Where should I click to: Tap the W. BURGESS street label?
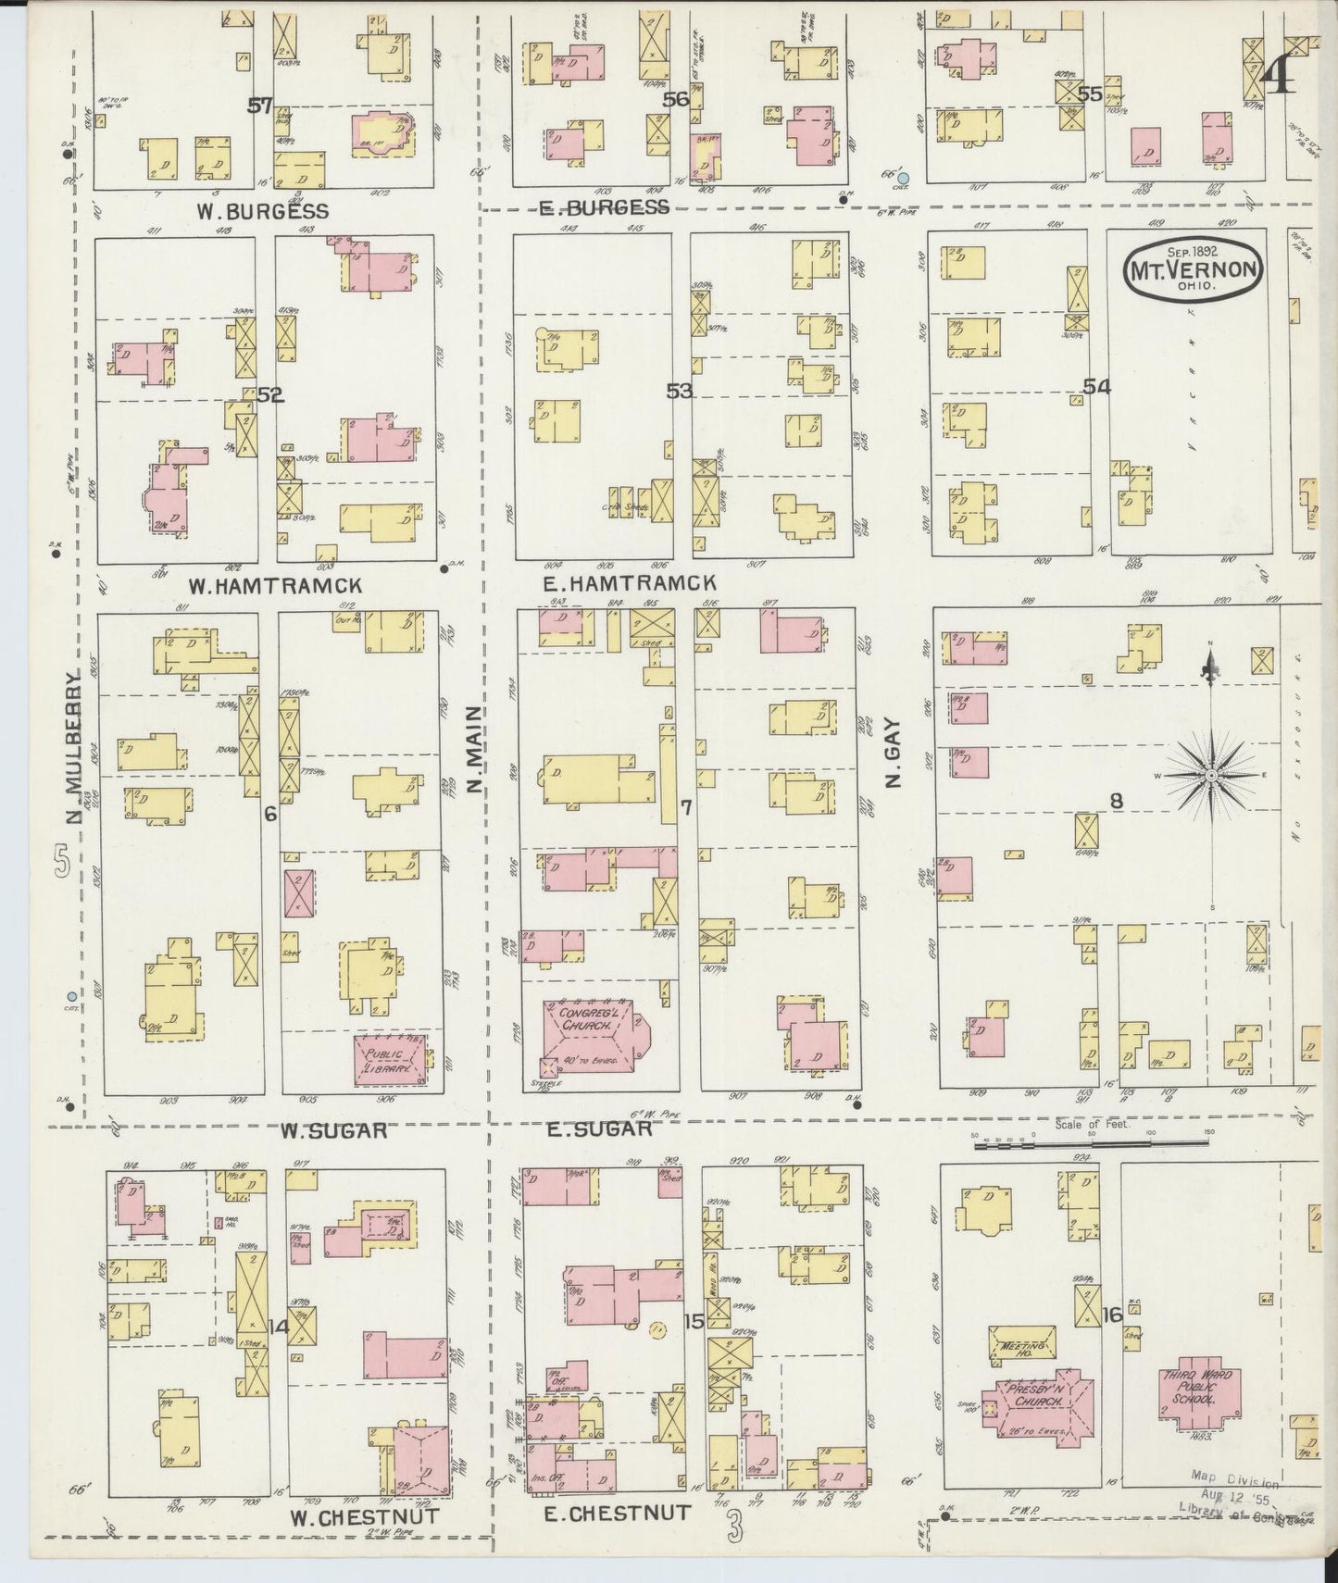click(x=262, y=212)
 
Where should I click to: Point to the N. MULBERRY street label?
click(x=74, y=741)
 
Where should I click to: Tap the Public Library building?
click(x=392, y=1061)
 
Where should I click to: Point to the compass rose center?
click(x=1210, y=774)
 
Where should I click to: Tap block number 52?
click(x=269, y=395)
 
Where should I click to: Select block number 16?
click(x=1111, y=1315)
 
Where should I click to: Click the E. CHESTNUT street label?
click(x=615, y=1513)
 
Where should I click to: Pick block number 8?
click(x=1117, y=803)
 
